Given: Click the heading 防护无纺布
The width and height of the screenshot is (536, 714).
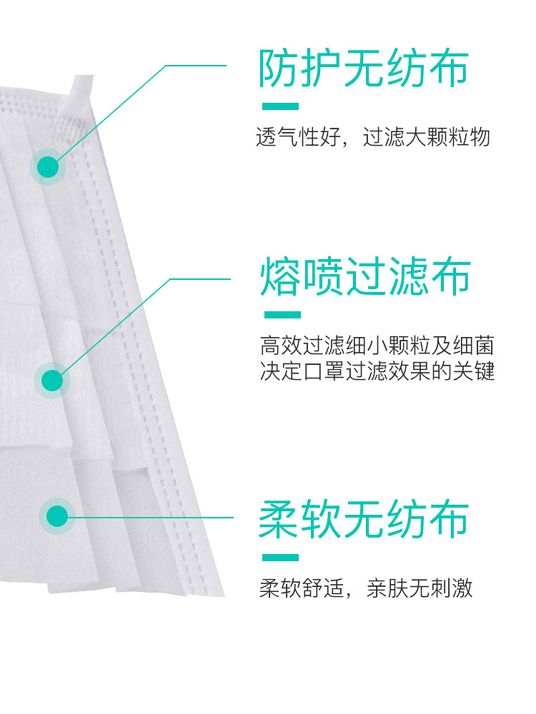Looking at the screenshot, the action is (364, 69).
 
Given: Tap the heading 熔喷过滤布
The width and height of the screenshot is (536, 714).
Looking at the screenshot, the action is (365, 276).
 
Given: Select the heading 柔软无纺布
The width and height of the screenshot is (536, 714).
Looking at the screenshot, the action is (364, 519).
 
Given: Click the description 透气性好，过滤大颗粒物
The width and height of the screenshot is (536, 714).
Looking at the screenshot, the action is (373, 136).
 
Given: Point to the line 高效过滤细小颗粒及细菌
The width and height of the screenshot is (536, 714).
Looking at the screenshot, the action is (377, 346).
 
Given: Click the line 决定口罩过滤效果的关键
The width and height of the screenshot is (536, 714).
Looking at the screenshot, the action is (377, 371).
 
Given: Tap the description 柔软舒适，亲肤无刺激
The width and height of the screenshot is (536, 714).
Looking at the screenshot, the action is (366, 588).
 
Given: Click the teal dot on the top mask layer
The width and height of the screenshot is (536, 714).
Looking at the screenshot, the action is (48, 167).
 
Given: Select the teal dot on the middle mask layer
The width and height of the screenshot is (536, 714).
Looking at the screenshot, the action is (52, 381).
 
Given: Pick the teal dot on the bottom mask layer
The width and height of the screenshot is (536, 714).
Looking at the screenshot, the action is (57, 516).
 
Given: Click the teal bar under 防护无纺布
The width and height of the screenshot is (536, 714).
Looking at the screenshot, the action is (280, 106).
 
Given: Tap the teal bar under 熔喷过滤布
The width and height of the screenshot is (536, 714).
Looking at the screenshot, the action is (282, 315).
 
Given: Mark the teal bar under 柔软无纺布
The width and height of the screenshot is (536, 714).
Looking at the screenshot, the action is (280, 558).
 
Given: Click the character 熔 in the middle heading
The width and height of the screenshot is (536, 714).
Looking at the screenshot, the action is (279, 276).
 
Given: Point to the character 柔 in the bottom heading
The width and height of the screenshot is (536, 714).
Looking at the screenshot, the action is (278, 519).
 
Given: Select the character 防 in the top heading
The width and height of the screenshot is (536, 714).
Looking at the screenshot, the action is (278, 69).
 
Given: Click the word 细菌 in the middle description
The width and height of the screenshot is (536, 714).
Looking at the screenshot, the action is (473, 346).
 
